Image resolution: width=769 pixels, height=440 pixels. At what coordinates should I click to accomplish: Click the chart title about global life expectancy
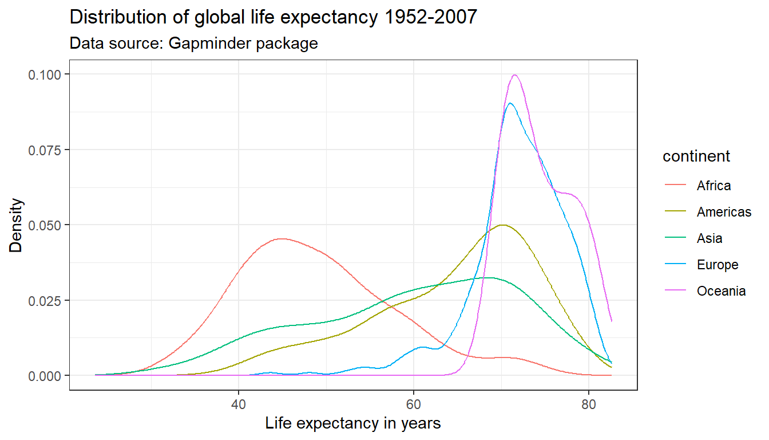coord(273,18)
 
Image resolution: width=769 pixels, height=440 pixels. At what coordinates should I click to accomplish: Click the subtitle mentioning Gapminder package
coord(193,43)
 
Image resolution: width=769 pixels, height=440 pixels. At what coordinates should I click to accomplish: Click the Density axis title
coord(17,225)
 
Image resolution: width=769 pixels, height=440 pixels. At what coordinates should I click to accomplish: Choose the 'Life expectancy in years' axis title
coord(353,424)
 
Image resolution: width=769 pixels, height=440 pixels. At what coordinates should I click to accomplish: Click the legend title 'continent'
coord(696,156)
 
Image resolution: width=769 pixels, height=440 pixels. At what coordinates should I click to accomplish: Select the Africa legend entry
coord(713,186)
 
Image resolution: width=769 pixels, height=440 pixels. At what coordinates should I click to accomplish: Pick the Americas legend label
coord(724,212)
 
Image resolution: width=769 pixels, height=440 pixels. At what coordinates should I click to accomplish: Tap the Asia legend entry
coord(709,238)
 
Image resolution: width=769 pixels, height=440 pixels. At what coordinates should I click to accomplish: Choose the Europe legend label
coord(718,265)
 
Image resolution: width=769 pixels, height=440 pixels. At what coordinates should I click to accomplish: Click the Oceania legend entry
coord(721,291)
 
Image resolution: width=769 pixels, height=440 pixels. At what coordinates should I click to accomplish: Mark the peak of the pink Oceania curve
coord(515,75)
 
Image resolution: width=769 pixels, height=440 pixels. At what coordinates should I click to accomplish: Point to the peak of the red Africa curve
coord(281,238)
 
